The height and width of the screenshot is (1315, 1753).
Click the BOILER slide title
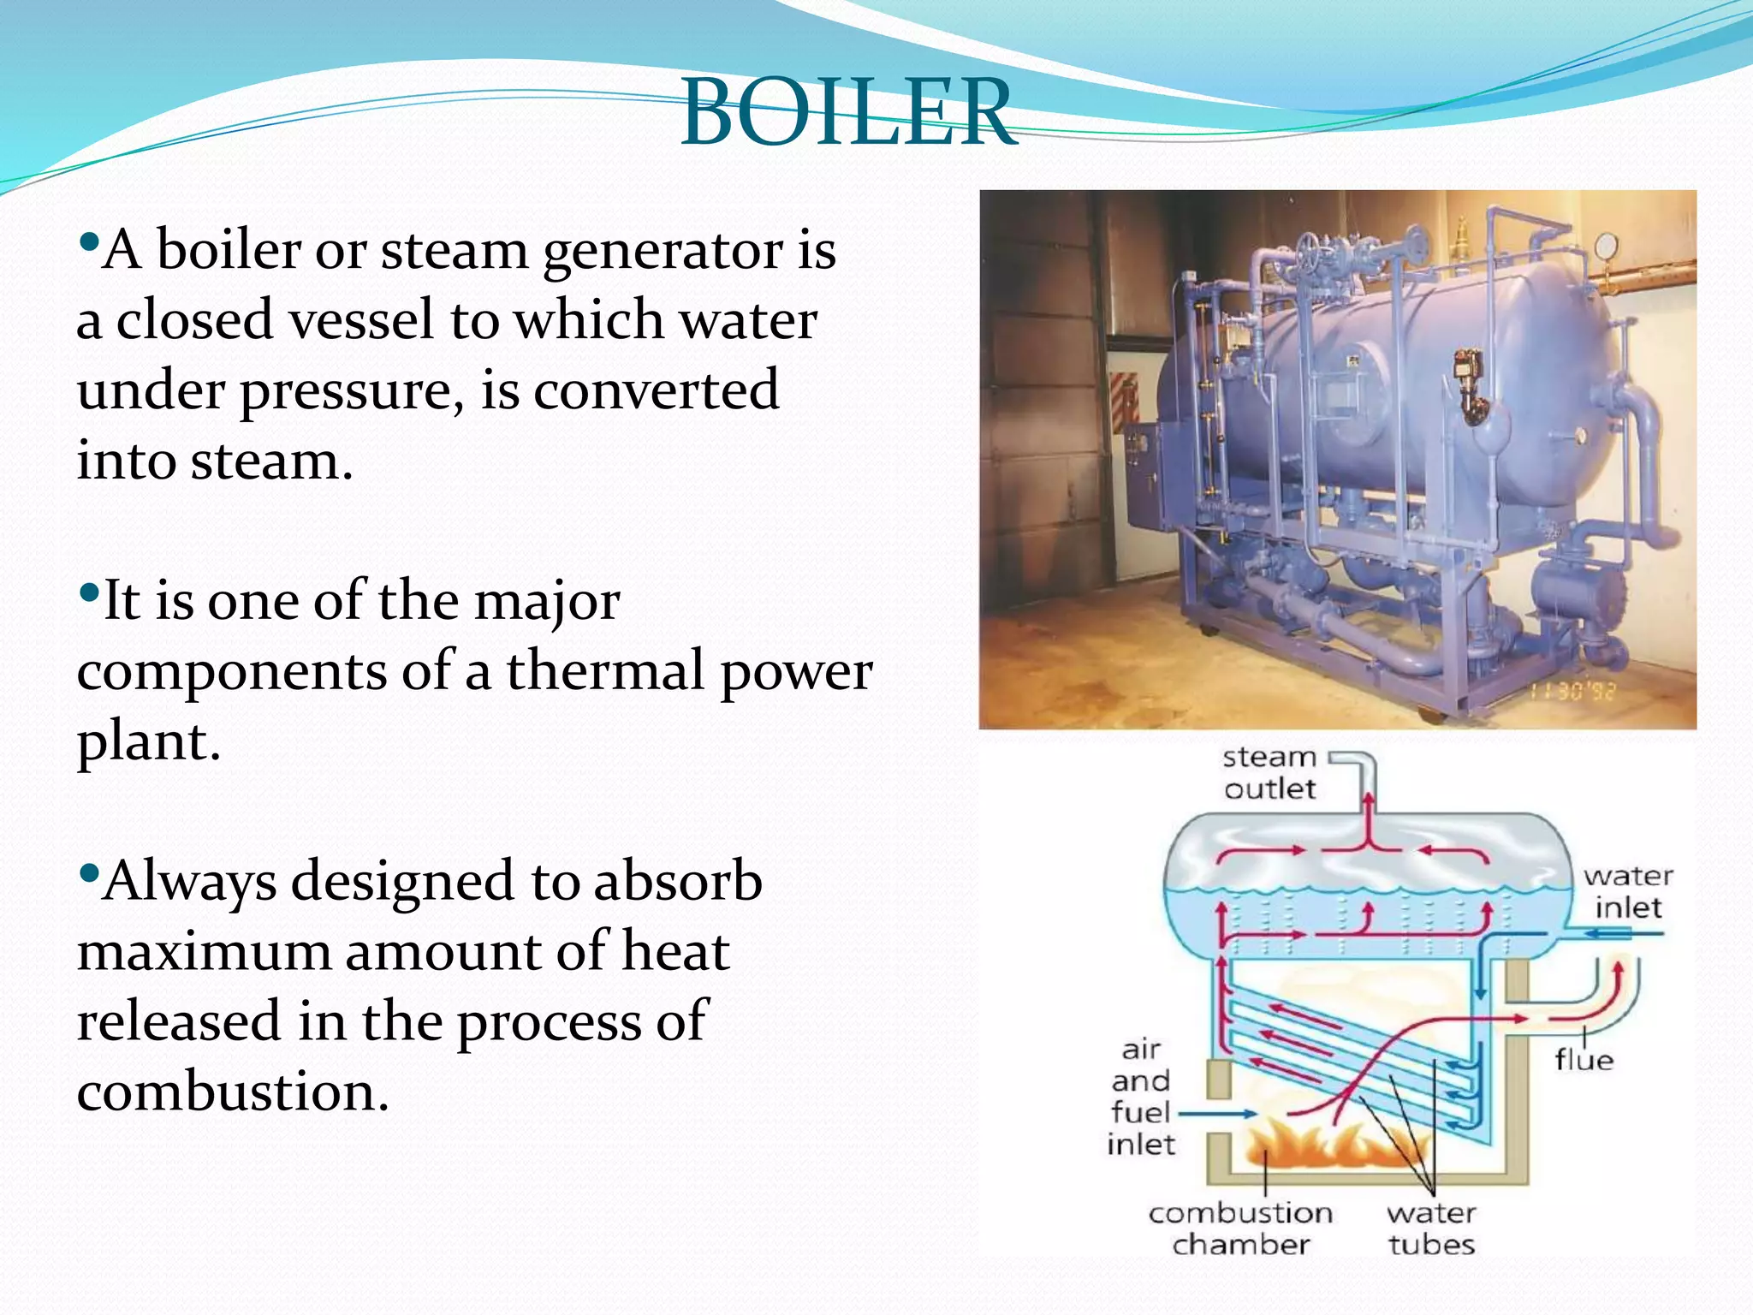[x=847, y=112]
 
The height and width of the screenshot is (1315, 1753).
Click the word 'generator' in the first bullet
[x=663, y=252]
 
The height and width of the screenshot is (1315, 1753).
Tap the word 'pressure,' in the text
[x=351, y=392]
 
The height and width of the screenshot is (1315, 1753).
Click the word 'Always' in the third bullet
[x=190, y=882]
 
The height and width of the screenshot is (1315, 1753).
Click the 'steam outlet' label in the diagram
[x=1269, y=772]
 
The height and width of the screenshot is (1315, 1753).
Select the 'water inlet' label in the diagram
[x=1627, y=891]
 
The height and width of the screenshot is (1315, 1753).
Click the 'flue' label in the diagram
[x=1584, y=1060]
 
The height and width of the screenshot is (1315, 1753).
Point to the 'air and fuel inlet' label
[x=1141, y=1097]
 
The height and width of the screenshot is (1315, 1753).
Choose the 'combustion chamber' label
[x=1240, y=1228]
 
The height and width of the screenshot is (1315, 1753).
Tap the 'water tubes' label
[x=1431, y=1228]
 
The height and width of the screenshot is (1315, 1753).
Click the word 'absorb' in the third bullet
[x=677, y=882]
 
